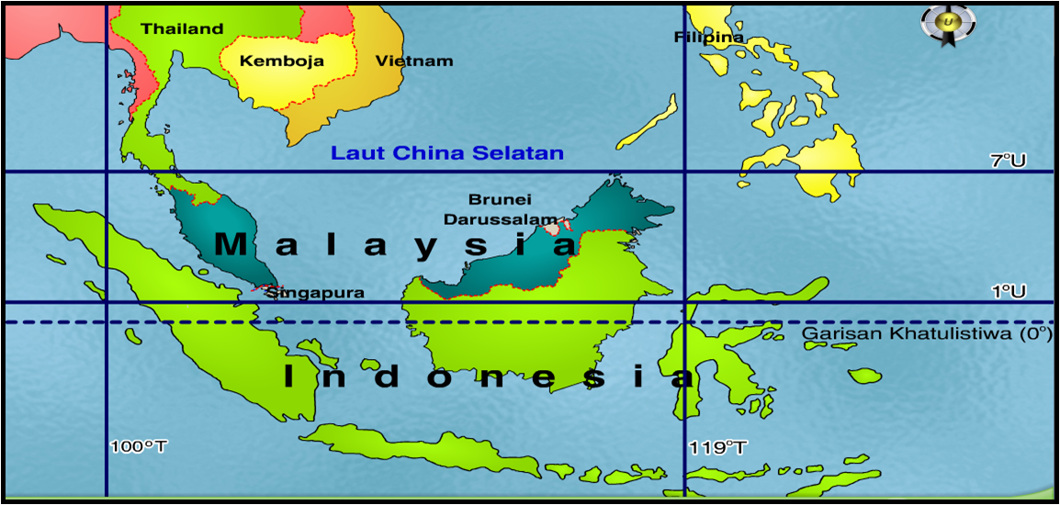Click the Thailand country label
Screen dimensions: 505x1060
pos(182,29)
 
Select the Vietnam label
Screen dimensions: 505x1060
pos(414,62)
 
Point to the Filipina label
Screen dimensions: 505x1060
pos(708,38)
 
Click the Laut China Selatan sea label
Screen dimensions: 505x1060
pos(447,153)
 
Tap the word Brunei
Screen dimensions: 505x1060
pos(500,199)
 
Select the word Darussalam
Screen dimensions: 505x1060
pos(501,220)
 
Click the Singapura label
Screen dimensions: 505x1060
pos(316,294)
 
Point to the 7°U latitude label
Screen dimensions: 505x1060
pos(1008,161)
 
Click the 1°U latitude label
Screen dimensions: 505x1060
pos(1008,291)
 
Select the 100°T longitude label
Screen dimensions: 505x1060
pos(139,447)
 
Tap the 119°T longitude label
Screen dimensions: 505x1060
pos(717,447)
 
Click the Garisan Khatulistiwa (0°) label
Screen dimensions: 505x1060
pos(927,334)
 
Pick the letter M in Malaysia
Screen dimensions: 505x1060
pos(231,245)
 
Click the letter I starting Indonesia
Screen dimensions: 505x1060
pos(288,376)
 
